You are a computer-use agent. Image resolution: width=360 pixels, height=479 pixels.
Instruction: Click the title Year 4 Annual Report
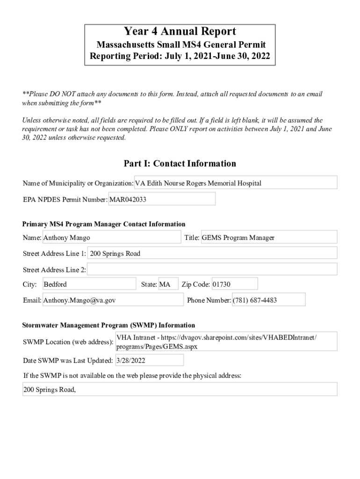[x=180, y=32]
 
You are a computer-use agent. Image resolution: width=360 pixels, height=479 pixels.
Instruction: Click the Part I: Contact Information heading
[x=180, y=163]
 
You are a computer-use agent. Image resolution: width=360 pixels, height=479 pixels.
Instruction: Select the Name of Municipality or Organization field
[x=236, y=183]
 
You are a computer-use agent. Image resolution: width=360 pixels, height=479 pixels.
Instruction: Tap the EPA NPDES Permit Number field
[x=162, y=199]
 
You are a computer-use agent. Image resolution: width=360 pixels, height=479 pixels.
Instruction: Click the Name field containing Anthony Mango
[x=111, y=238]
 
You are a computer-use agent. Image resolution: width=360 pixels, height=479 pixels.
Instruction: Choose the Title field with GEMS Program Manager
[x=268, y=238]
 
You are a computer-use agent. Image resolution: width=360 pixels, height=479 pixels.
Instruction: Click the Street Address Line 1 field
[x=212, y=254]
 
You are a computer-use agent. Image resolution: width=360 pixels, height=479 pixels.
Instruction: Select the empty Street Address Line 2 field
[x=212, y=269]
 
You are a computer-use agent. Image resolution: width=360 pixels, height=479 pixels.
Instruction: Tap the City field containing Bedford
[x=89, y=284]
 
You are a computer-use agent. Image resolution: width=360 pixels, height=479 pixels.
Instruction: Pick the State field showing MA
[x=168, y=284]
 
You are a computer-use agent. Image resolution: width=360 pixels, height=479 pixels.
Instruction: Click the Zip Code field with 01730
[x=234, y=284]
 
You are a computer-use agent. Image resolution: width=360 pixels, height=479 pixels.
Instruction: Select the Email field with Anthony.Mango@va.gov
[x=113, y=300]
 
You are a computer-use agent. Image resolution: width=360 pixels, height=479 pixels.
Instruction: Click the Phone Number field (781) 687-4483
[x=268, y=300]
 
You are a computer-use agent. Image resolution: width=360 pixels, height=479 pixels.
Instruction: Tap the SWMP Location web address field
[x=226, y=342]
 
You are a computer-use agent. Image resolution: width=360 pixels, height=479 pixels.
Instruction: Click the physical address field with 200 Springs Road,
[x=180, y=389]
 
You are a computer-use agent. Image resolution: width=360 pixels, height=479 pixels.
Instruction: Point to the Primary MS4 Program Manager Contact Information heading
[x=104, y=224]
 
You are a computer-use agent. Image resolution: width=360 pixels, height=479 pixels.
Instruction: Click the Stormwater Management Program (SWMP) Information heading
[x=109, y=325]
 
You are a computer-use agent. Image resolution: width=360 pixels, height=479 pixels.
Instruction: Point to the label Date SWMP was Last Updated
[x=68, y=361]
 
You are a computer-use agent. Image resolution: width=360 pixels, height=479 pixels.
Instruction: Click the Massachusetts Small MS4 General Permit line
[x=180, y=45]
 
